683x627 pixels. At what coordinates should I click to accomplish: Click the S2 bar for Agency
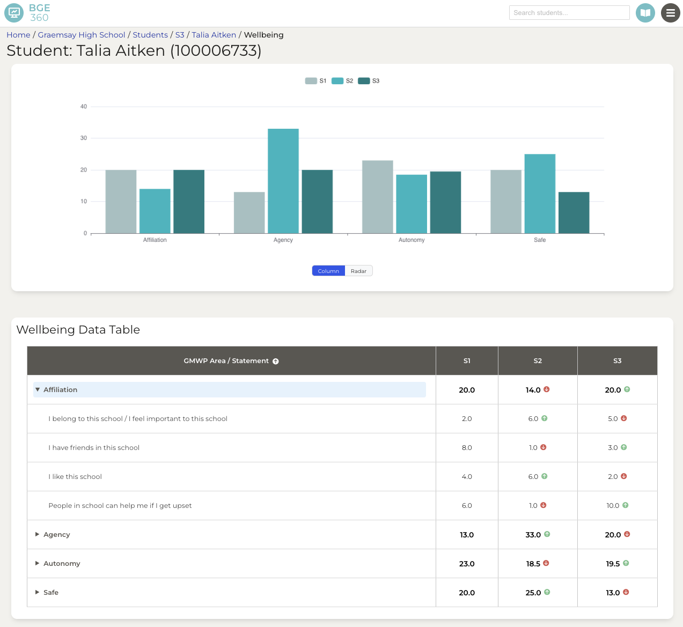click(283, 181)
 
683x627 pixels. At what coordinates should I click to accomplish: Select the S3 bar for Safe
click(574, 213)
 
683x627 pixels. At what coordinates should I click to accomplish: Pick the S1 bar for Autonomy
click(378, 197)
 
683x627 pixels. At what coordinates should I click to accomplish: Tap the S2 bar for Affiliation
click(155, 211)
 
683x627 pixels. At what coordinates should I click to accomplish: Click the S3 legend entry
click(369, 81)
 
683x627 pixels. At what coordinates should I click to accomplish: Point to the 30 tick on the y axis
click(84, 138)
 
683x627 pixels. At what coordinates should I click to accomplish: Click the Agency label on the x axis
click(283, 240)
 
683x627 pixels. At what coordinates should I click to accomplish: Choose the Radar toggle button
click(358, 271)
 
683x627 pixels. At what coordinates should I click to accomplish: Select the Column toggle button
click(328, 271)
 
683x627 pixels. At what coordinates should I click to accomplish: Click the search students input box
click(569, 13)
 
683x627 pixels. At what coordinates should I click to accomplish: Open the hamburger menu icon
click(670, 13)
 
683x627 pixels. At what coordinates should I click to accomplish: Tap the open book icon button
click(645, 13)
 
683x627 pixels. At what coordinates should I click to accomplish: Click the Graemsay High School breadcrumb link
click(82, 35)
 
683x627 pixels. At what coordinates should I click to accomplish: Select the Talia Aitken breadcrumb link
click(214, 35)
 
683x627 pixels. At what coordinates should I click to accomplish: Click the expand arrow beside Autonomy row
click(38, 563)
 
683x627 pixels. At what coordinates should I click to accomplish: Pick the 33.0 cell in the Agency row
click(533, 535)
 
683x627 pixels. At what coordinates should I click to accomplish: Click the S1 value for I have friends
click(467, 448)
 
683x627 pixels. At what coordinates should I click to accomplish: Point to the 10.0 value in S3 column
click(613, 506)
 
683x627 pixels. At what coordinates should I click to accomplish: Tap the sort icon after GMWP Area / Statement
click(276, 362)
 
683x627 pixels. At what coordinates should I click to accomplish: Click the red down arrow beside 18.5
click(546, 563)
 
